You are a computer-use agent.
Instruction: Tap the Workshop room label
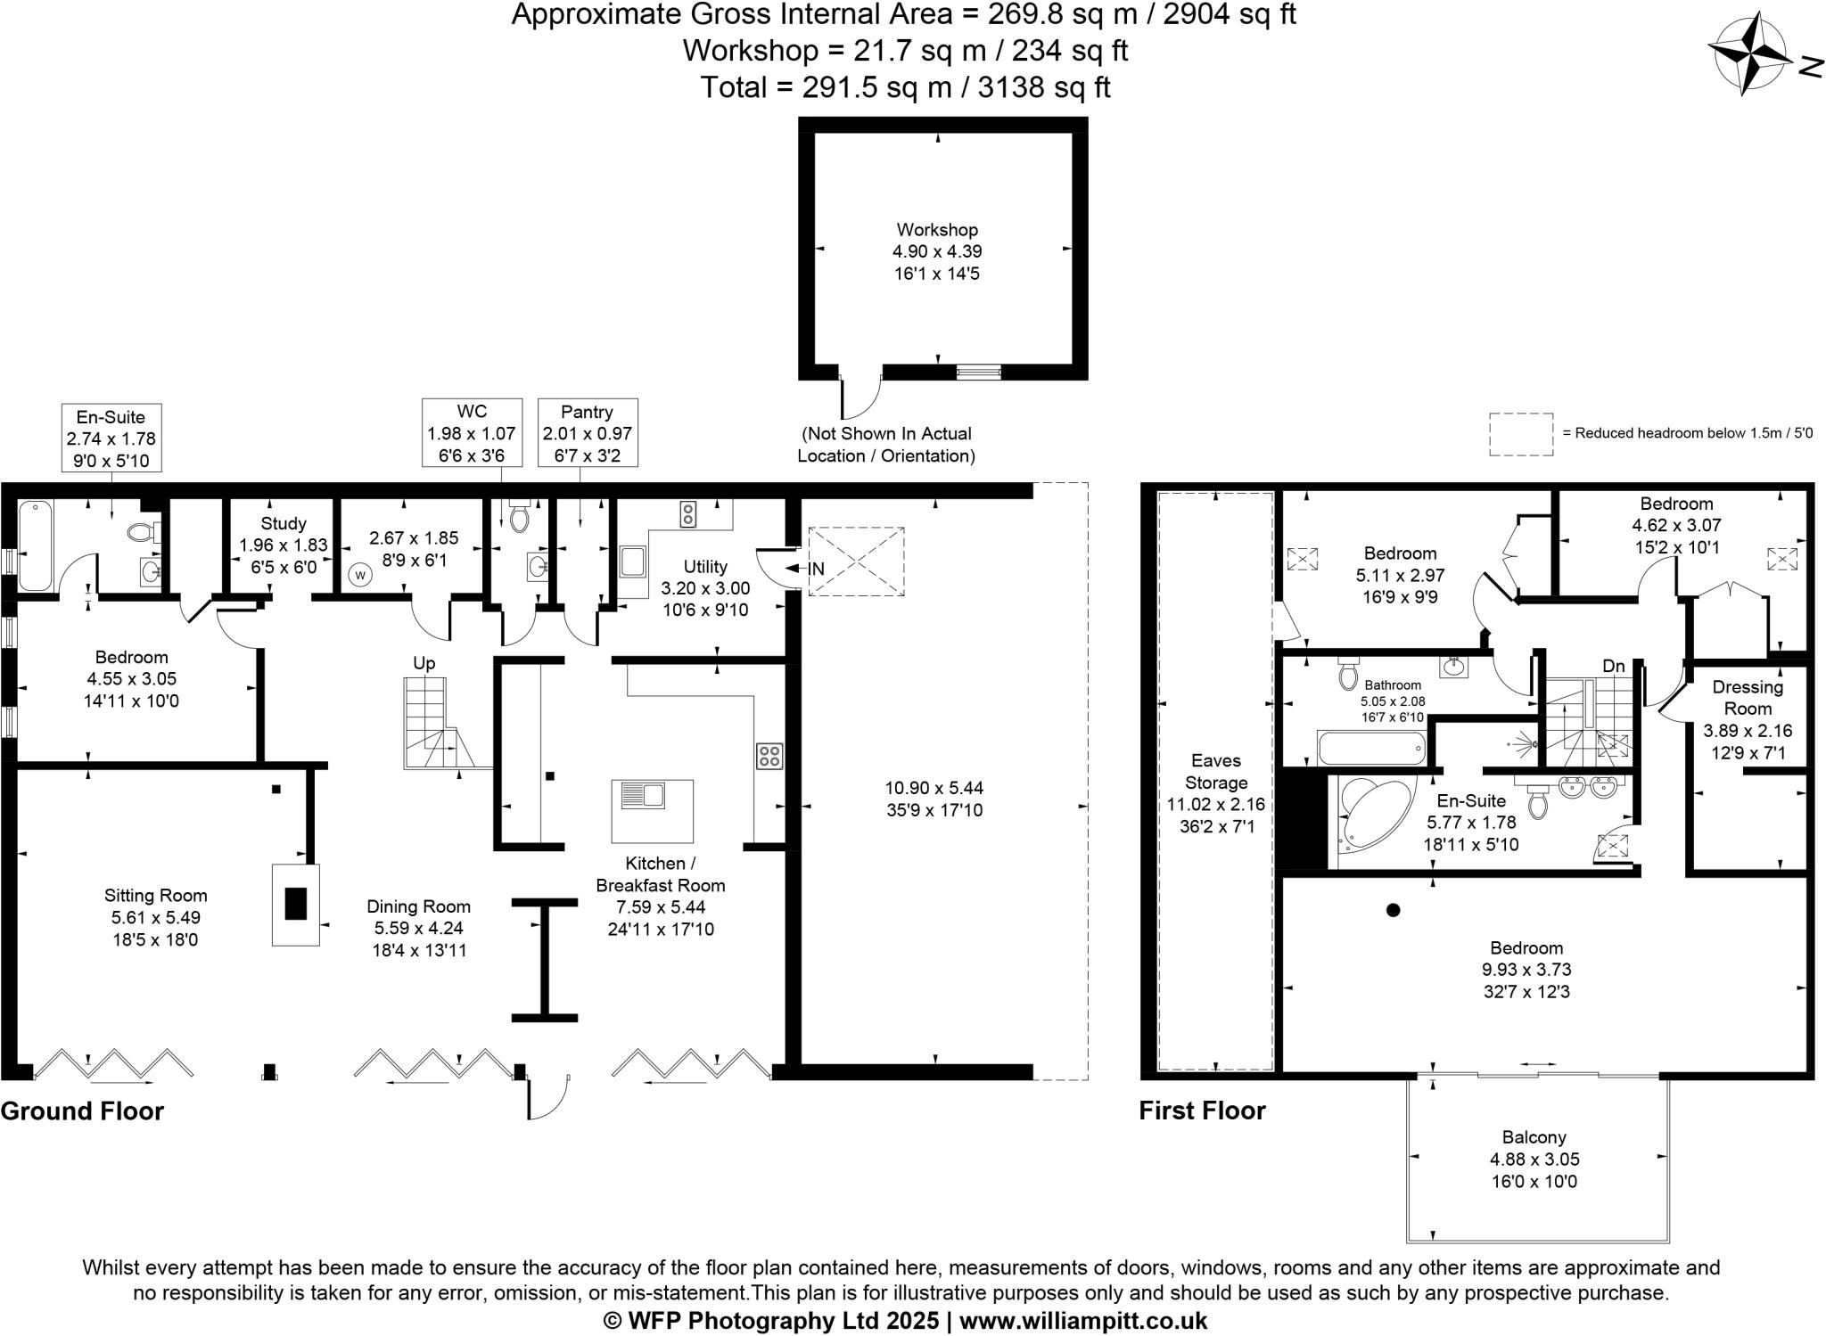coord(937,230)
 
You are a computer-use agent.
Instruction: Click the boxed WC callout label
coord(472,432)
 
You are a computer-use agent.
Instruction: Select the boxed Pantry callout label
coord(587,432)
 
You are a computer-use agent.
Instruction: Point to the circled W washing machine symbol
coord(360,575)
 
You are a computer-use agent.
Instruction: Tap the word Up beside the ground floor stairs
coord(424,663)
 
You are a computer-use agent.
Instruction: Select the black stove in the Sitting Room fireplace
coord(296,904)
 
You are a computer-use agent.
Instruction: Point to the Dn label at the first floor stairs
coord(1613,666)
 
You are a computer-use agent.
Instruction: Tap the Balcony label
coord(1534,1137)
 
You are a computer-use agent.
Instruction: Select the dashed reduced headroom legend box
coord(1521,434)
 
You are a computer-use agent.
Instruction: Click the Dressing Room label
coord(1748,698)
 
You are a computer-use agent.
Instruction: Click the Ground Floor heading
coord(82,1111)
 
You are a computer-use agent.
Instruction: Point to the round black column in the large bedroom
coord(1394,910)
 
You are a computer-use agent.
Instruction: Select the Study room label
coord(284,523)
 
